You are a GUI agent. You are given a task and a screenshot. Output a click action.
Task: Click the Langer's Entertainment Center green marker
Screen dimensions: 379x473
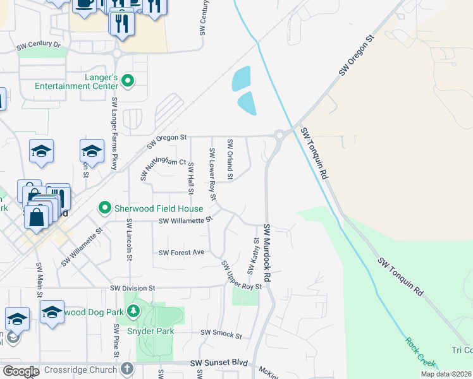[127, 80]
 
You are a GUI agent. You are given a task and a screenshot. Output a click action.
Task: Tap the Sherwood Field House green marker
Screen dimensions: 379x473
[104, 207]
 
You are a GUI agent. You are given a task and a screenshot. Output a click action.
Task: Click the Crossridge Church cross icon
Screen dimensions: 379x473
[126, 368]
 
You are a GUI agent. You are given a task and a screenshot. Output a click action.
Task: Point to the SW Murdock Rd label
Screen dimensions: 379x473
[267, 252]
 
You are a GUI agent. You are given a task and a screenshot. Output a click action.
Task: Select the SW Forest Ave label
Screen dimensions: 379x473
[181, 253]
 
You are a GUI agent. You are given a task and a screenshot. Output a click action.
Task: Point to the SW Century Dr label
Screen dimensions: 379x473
[39, 45]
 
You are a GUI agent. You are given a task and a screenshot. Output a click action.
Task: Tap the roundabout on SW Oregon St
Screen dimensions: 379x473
[279, 134]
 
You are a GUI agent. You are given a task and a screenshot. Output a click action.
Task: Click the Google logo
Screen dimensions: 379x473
[21, 371]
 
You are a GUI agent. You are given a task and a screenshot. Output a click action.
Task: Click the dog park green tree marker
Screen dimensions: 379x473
[133, 311]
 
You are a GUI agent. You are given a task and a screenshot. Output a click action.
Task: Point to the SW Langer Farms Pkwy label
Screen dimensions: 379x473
[114, 133]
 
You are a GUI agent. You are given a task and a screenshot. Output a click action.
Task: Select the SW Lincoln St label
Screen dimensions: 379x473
[129, 239]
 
